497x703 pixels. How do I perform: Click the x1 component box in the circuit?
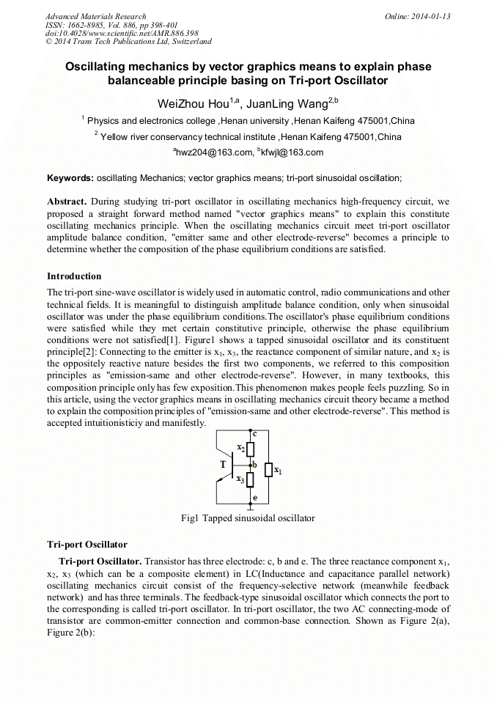[268, 469]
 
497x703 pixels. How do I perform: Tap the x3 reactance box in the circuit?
[250, 480]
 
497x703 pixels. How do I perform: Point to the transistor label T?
[223, 465]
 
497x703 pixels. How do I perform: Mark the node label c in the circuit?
[254, 435]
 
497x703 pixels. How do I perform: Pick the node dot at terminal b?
[250, 465]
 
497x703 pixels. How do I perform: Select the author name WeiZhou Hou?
[194, 103]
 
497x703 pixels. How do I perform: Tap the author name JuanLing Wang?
[286, 103]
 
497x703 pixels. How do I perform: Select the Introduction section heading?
[74, 276]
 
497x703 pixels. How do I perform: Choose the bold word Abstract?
[67, 201]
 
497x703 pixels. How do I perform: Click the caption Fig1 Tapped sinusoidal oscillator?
[248, 518]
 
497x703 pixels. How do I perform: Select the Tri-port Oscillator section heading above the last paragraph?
[87, 545]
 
